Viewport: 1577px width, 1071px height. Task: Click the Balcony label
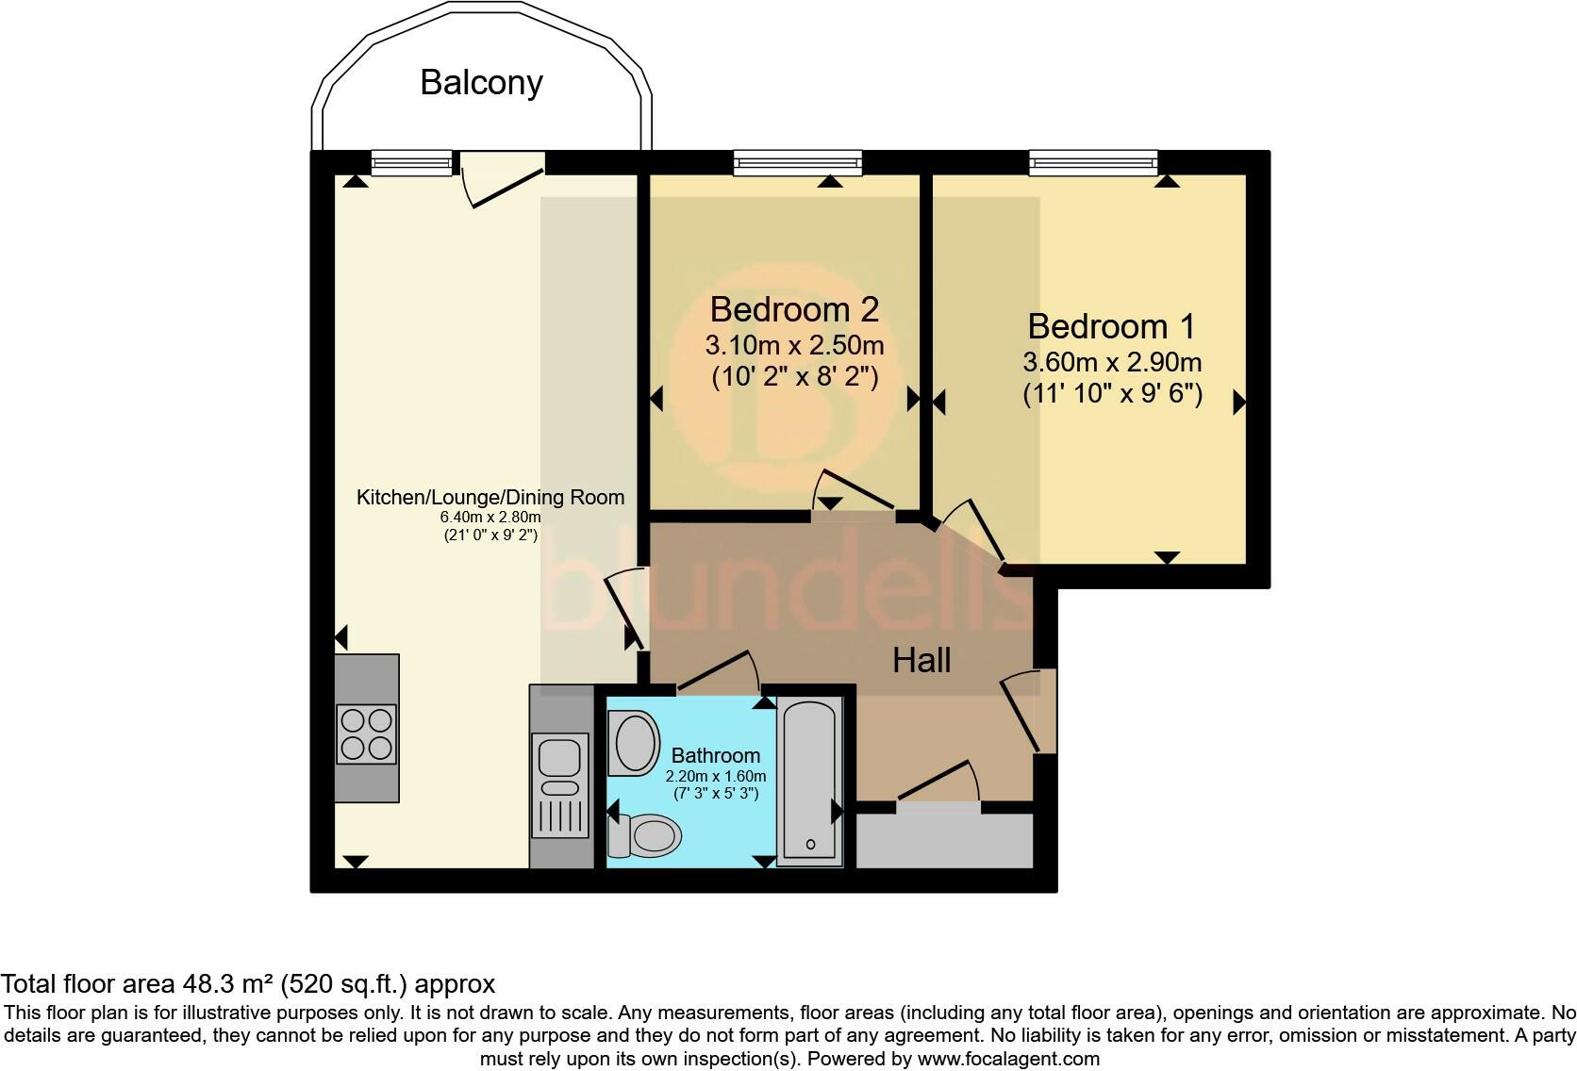[481, 83]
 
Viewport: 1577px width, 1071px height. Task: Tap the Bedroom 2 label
[794, 309]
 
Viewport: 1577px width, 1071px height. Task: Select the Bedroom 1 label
[1111, 326]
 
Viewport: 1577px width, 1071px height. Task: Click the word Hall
[921, 660]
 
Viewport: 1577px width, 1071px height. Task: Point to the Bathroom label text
[715, 755]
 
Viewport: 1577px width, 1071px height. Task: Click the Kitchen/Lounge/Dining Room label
[490, 497]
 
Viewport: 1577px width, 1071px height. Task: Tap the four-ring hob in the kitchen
[366, 733]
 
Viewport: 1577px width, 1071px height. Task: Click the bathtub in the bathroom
[810, 782]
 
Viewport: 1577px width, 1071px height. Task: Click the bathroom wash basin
[636, 742]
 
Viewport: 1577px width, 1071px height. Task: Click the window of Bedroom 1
[1093, 164]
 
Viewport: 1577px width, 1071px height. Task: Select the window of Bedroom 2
[797, 164]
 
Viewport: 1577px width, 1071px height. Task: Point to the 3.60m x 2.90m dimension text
[1111, 362]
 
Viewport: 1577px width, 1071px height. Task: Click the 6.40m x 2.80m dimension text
[490, 517]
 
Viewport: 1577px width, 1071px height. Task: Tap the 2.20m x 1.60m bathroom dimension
[715, 776]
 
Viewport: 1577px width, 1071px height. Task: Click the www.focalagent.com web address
[1007, 1058]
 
